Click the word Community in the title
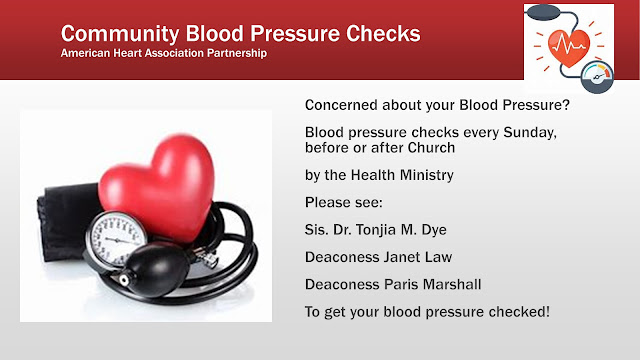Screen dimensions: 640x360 (120, 34)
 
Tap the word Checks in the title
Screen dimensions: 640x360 (383, 33)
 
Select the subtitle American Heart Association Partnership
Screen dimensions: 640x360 (164, 53)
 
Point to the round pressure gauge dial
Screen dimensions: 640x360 (116, 239)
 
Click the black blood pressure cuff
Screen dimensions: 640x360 (65, 222)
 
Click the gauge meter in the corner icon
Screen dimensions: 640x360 (597, 77)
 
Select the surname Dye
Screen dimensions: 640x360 (434, 230)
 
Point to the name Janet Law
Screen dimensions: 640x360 (416, 257)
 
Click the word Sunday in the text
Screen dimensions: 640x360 (530, 133)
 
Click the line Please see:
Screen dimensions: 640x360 (344, 202)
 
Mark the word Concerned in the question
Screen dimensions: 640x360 (341, 105)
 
